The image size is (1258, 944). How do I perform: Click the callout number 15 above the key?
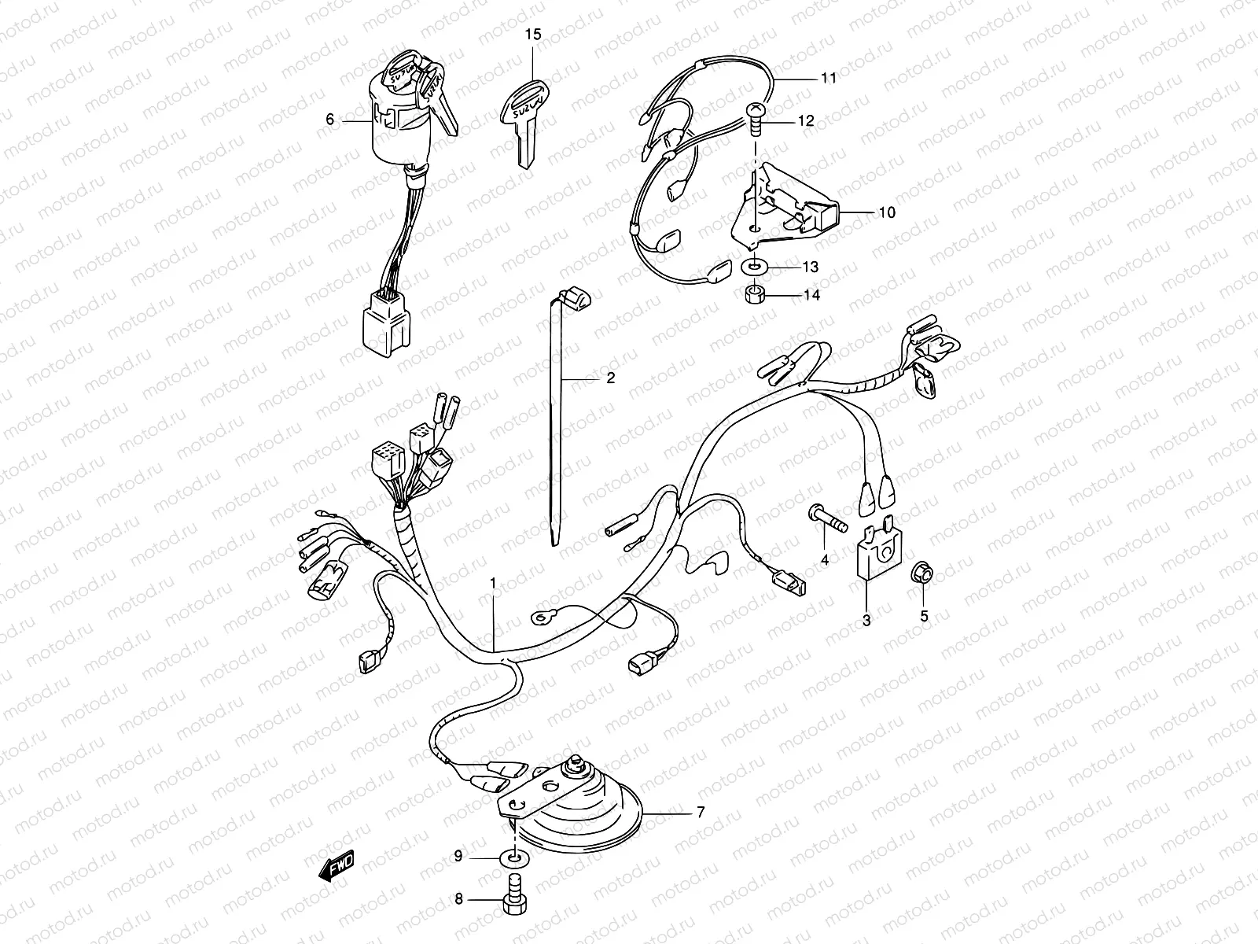533,35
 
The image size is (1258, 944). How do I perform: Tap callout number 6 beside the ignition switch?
330,120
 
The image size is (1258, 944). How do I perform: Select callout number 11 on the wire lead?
829,78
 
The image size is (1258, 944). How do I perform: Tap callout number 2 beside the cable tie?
610,378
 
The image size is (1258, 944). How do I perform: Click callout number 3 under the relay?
866,620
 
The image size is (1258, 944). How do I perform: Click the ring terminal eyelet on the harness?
540,618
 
